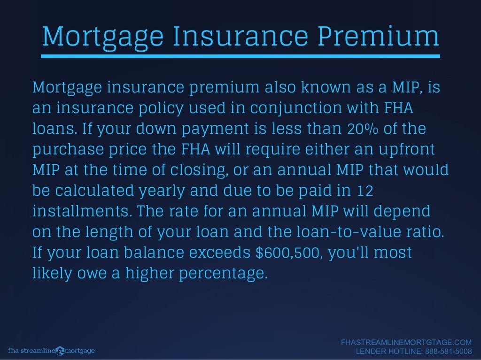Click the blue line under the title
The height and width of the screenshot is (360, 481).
tap(240, 56)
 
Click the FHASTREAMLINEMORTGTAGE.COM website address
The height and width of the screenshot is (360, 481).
tap(406, 343)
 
